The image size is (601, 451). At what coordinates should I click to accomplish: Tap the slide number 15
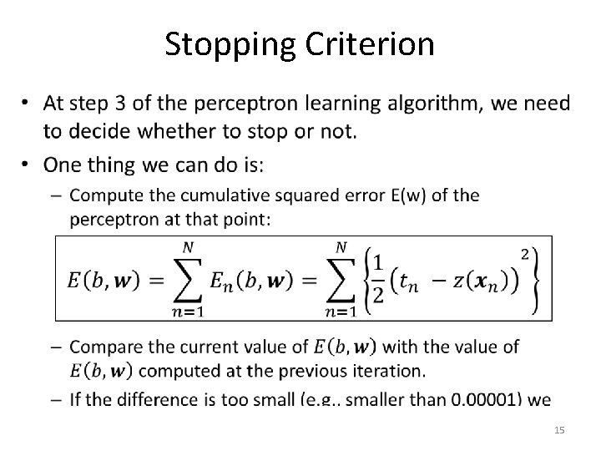click(x=559, y=429)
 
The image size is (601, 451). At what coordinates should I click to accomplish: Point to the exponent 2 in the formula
click(x=524, y=252)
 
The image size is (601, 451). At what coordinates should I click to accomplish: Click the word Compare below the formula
click(x=105, y=345)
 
